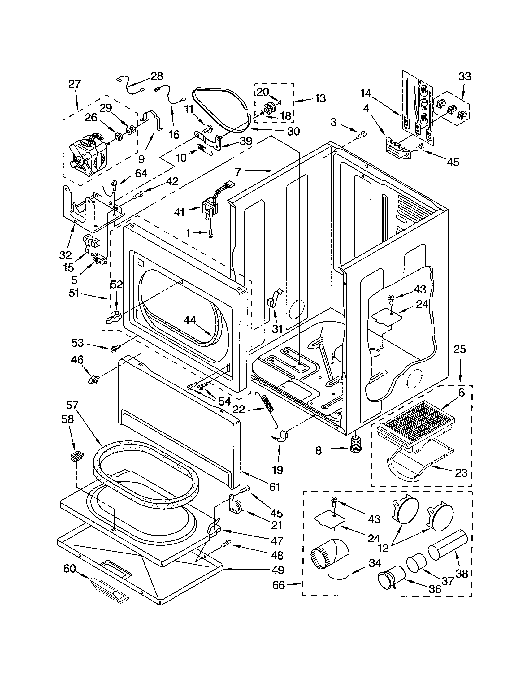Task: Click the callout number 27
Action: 75,84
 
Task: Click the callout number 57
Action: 72,405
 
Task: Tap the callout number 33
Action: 465,76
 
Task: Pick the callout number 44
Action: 190,320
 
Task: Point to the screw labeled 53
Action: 114,349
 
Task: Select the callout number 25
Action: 460,349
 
